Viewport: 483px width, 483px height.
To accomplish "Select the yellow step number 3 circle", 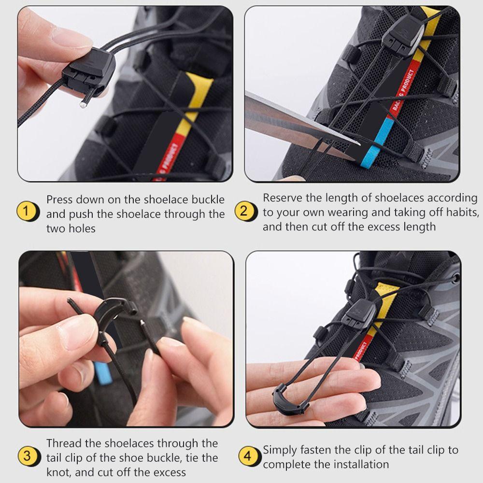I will tap(28, 456).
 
